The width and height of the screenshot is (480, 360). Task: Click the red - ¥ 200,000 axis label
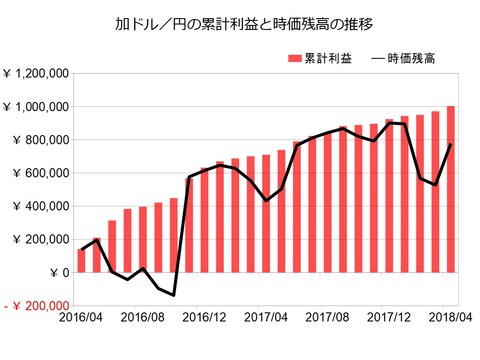tap(37, 306)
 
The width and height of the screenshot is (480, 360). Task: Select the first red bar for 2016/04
tap(81, 261)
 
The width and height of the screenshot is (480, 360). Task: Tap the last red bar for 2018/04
tap(451, 190)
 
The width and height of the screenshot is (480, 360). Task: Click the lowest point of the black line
tap(173, 295)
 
